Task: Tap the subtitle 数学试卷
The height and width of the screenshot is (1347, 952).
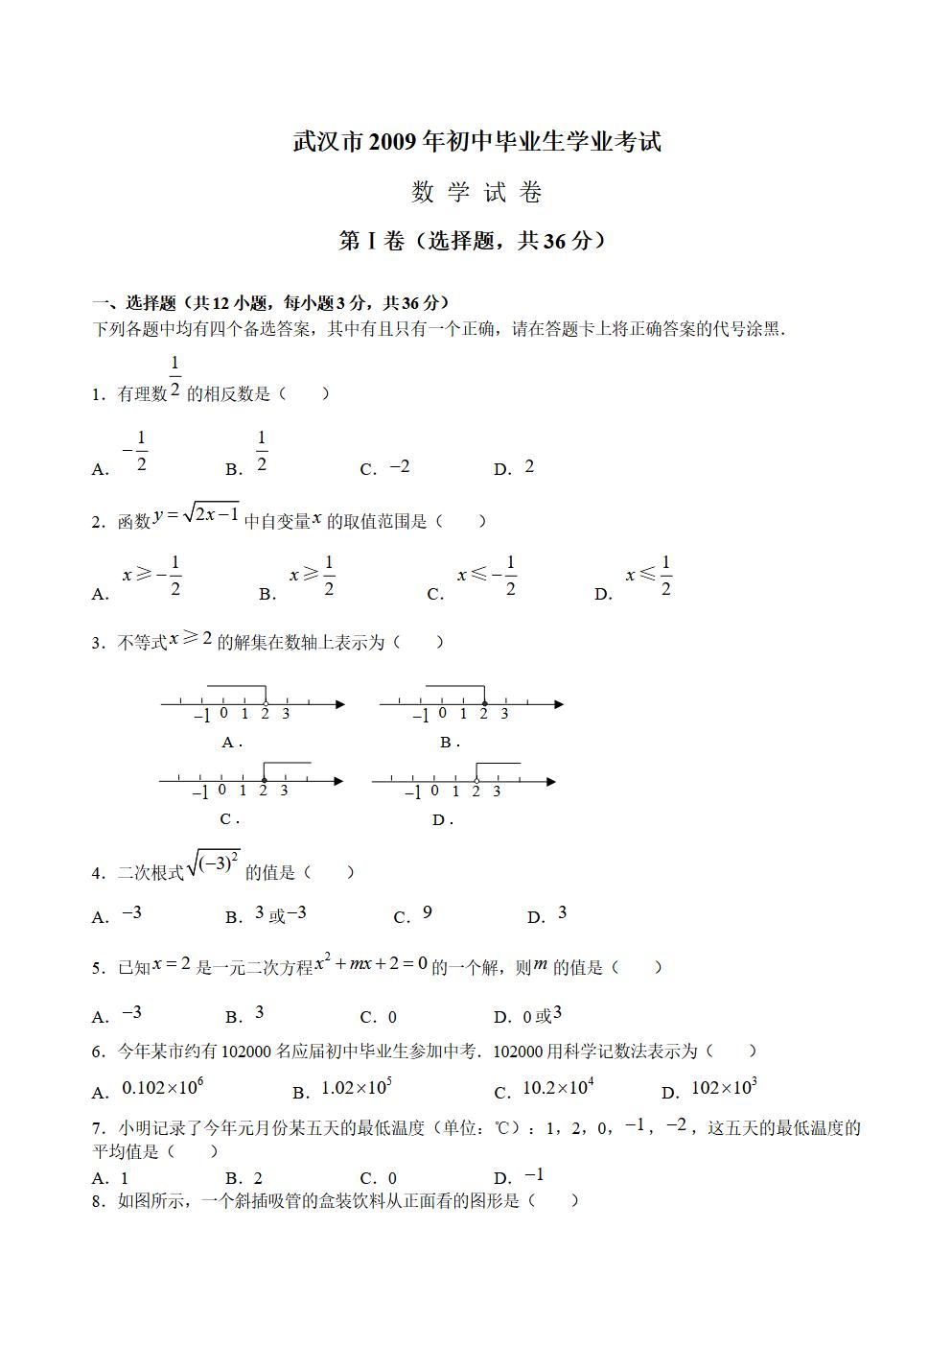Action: (476, 193)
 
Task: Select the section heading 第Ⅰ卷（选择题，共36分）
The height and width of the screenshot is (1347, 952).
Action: (475, 241)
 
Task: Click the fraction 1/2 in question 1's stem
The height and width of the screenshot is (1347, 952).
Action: (175, 376)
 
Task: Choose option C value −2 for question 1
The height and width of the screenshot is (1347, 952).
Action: (400, 466)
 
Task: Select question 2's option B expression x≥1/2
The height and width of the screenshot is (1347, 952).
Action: (312, 576)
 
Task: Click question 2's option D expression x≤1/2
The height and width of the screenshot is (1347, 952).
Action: (649, 576)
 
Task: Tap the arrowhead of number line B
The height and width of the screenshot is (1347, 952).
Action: (558, 704)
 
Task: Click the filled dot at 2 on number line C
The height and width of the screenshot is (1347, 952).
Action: (264, 780)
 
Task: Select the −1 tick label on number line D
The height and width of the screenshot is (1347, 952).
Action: (413, 792)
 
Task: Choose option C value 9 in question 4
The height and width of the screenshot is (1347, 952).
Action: (428, 912)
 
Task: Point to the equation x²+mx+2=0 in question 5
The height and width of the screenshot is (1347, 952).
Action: (371, 963)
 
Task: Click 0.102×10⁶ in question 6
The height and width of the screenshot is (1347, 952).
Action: (163, 1088)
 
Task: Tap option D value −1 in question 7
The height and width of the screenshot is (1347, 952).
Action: (534, 1175)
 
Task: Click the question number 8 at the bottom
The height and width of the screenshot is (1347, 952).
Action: (98, 1201)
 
